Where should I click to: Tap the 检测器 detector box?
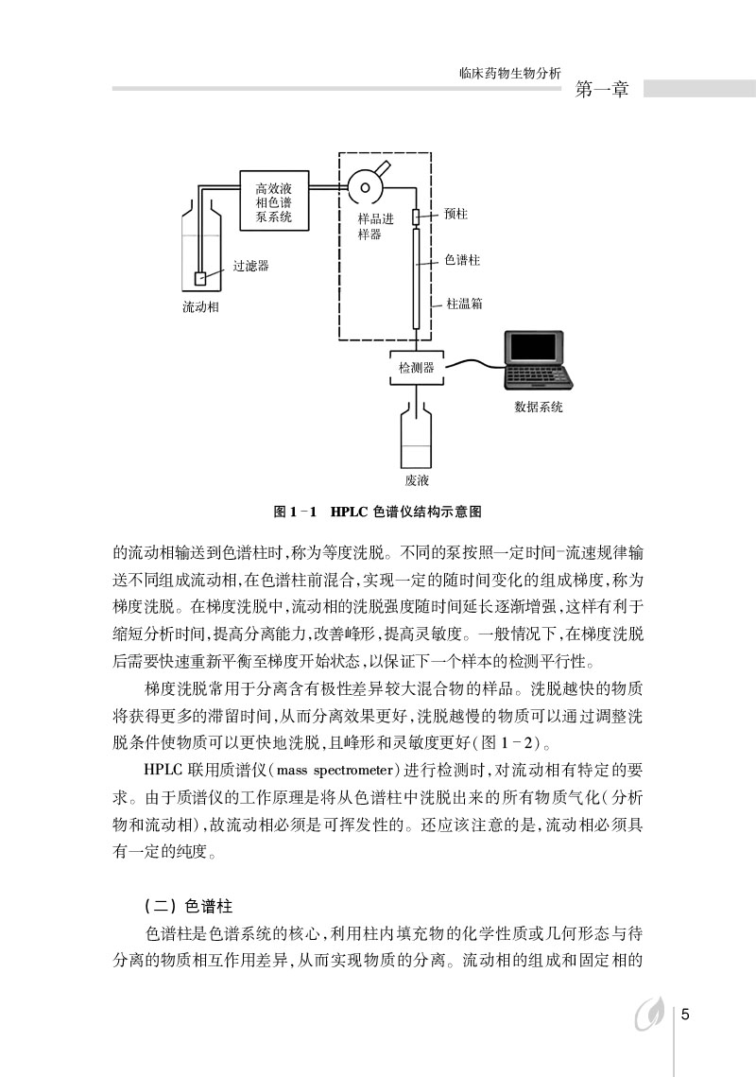click(x=416, y=368)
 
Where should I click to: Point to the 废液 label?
click(x=417, y=480)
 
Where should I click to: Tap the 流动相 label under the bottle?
click(x=201, y=307)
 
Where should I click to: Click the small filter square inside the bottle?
click(x=199, y=278)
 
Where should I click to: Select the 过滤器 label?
click(x=251, y=266)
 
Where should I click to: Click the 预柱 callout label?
click(x=455, y=214)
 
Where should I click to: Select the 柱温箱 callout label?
click(x=464, y=304)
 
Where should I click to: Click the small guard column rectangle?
click(x=416, y=218)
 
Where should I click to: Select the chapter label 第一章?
click(x=602, y=91)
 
